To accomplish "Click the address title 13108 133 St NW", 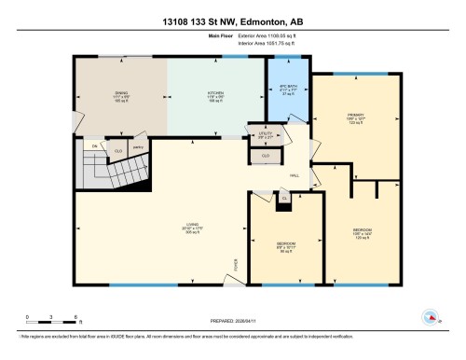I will pos(233,20).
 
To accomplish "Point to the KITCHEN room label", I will pos(214,95).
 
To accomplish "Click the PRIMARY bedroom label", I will pos(352,119).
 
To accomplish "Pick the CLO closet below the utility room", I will pos(267,156).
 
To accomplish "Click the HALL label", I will pos(295,175).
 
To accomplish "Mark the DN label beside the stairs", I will pos(95,146).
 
